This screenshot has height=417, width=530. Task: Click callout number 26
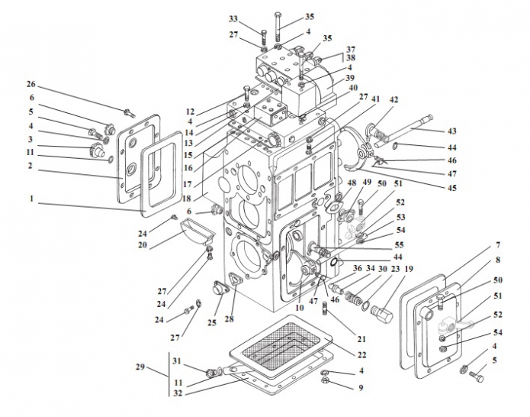[31, 83]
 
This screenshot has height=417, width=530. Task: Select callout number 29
[140, 367]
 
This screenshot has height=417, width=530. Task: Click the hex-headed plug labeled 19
[382, 313]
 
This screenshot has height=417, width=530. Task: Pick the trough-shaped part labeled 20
[197, 231]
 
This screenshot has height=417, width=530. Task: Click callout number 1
[31, 199]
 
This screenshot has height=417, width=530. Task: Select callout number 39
[349, 78]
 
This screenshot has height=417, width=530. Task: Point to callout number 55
[399, 244]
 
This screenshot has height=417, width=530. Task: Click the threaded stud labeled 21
[326, 308]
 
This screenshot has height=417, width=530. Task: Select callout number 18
[187, 199]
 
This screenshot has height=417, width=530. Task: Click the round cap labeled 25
[220, 289]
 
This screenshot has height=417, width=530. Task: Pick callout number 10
[299, 307]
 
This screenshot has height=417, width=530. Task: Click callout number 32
[178, 393]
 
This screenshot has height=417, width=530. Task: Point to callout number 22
[361, 354]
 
